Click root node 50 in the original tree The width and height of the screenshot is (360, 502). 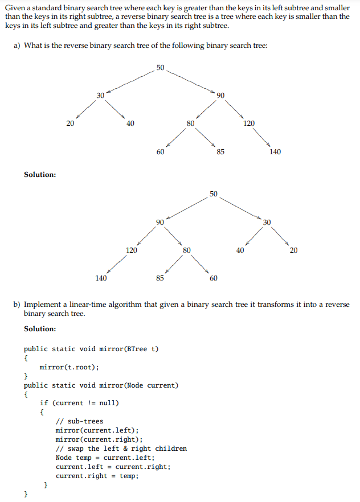160,68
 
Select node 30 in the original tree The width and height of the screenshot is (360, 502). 100,96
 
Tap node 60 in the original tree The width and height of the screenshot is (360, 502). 160,152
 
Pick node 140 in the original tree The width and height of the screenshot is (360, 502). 275,152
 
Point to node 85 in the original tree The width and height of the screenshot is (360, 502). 220,152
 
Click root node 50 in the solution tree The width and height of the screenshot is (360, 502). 213,194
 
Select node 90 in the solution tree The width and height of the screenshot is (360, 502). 160,221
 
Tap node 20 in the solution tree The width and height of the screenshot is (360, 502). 293,250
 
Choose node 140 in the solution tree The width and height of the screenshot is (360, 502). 100,278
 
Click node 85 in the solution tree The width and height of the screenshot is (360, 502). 160,278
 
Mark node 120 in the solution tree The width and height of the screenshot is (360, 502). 131,250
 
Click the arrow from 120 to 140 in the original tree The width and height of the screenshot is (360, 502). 262,137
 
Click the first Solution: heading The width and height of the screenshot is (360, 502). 40,174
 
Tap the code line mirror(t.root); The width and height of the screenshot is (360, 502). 69,367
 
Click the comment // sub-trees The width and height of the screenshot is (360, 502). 79,421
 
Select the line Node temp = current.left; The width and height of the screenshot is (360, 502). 105,458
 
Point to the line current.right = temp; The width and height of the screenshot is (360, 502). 97,476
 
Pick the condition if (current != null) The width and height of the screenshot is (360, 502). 79,403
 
